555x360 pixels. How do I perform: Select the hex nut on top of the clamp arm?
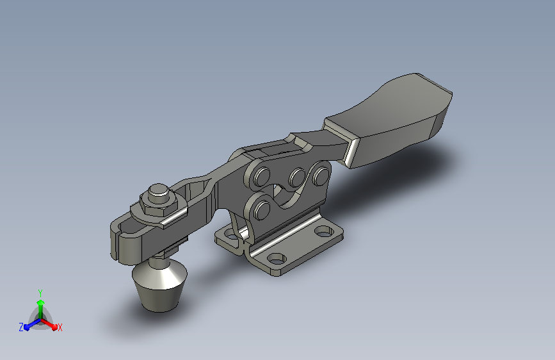point(159,205)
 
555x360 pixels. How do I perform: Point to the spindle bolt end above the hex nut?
point(158,193)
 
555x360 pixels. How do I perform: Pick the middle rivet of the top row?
point(297,177)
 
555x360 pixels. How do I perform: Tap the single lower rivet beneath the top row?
point(262,210)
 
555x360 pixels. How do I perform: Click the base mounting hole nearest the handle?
point(323,233)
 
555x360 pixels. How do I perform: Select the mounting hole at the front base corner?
point(277,259)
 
